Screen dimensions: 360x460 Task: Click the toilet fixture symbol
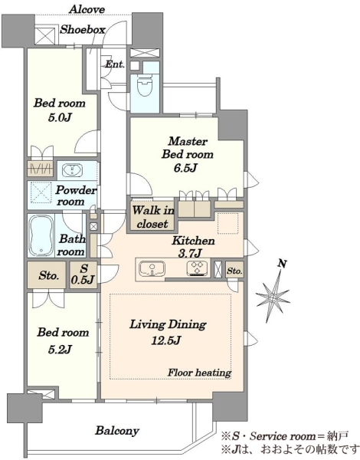(145, 85)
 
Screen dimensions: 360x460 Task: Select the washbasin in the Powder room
(72, 170)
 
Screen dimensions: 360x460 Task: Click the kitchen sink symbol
(152, 269)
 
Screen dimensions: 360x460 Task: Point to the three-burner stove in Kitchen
(198, 268)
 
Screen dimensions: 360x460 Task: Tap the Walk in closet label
(153, 217)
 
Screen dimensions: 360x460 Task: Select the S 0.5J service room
(83, 274)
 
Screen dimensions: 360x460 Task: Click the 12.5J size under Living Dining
(166, 340)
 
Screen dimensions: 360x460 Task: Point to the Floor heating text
(199, 373)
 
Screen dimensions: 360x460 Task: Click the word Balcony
(117, 431)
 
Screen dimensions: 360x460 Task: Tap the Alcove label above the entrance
(87, 9)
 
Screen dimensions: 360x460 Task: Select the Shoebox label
(83, 30)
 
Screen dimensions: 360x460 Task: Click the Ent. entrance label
(115, 64)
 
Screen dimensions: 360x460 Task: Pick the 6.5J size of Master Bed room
(185, 168)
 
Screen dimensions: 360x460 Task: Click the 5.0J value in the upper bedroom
(60, 117)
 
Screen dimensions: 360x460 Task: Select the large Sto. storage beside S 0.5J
(47, 275)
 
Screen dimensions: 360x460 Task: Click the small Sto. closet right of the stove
(234, 271)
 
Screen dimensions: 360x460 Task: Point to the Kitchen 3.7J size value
(190, 253)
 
